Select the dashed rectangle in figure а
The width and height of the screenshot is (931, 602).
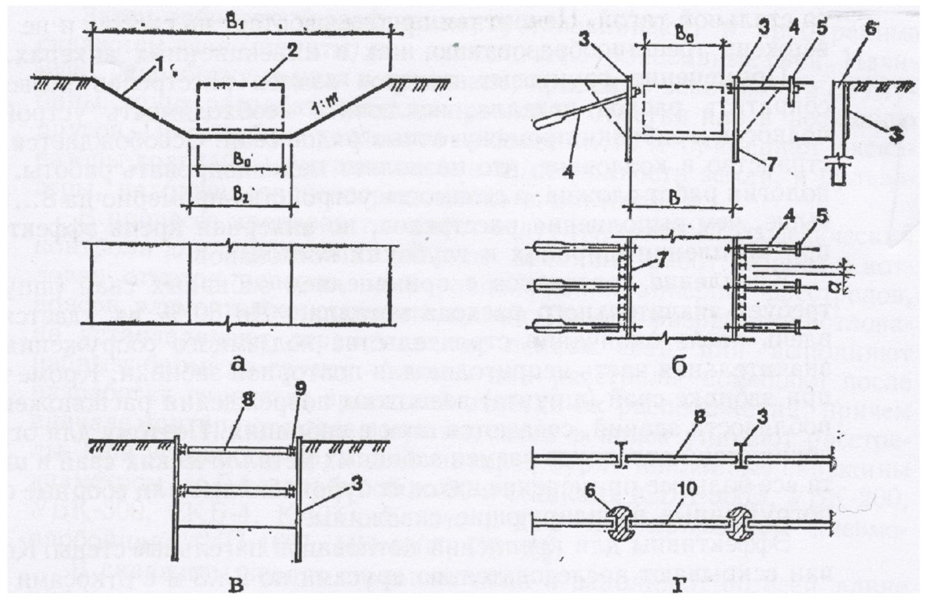(x=240, y=107)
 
